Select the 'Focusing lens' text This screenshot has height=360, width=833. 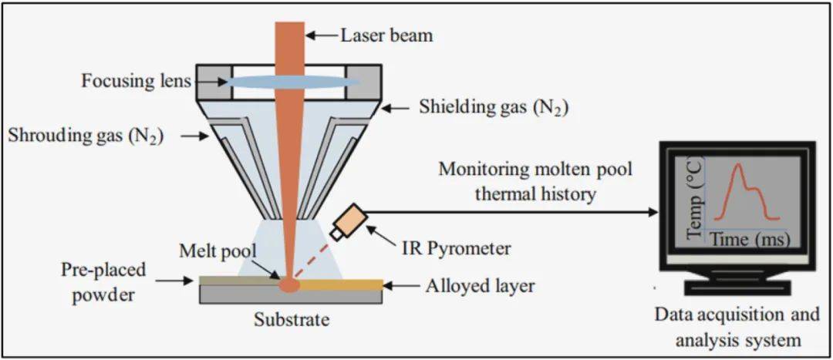(137, 81)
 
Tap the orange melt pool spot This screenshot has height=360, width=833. (289, 284)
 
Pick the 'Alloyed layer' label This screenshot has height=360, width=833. (479, 286)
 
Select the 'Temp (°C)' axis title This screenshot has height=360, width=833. (696, 199)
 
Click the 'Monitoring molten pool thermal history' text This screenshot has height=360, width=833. (535, 181)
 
